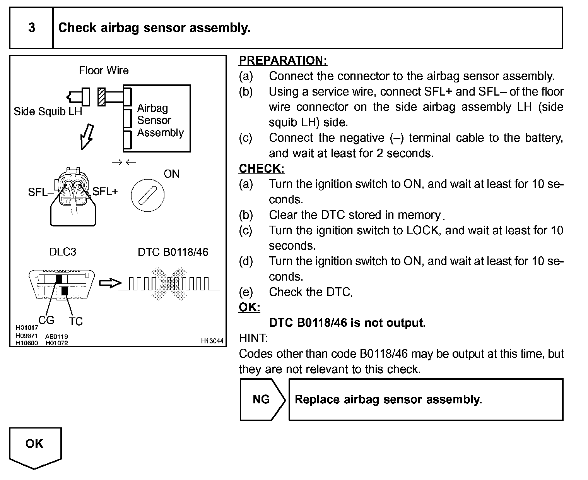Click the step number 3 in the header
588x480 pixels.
[x=32, y=28]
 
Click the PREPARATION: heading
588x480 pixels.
[x=283, y=61]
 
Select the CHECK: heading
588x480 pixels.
[x=262, y=169]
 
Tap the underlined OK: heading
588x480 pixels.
[x=250, y=307]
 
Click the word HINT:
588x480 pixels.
[x=253, y=338]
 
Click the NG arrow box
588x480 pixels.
[x=262, y=399]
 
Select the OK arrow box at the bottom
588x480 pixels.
[x=35, y=445]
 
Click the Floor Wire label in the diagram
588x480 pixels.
[x=104, y=70]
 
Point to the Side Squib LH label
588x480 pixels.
[x=48, y=111]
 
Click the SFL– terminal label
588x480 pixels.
[x=39, y=192]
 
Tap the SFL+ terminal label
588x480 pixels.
[x=105, y=191]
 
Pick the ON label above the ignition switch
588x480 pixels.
[x=171, y=174]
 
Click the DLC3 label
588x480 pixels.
[x=63, y=252]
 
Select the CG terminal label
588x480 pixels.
[x=46, y=321]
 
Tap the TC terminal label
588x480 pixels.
[x=76, y=321]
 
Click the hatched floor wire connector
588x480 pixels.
[x=102, y=97]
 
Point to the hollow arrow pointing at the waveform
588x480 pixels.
[x=109, y=283]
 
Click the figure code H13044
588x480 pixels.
[x=212, y=341]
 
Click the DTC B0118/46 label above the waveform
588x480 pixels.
[x=173, y=252]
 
